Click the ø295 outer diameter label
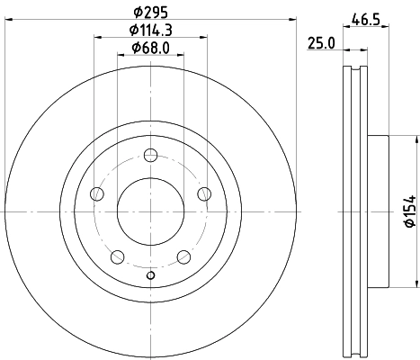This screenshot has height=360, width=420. point(150,12)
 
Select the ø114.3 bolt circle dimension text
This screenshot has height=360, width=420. point(150,30)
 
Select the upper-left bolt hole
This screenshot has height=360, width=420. point(97,192)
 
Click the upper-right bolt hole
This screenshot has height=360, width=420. point(203,192)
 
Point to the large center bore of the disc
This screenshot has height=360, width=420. point(150,211)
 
